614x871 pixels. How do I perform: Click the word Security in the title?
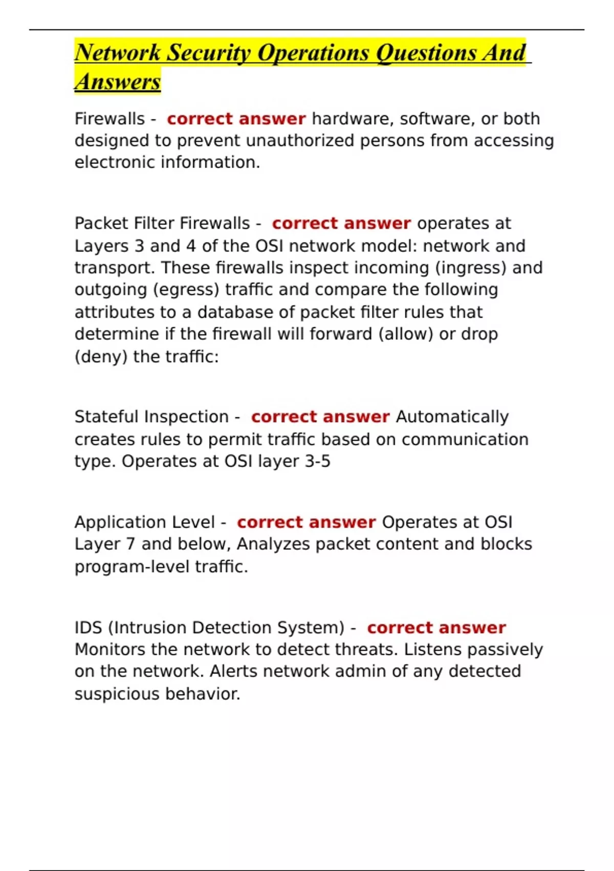pos(209,53)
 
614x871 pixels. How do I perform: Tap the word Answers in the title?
pos(118,82)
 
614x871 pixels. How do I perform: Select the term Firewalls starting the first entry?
pos(109,119)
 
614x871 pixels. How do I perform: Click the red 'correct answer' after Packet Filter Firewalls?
pos(341,224)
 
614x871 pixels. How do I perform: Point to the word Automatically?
pos(452,417)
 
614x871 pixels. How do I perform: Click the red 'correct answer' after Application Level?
pos(306,523)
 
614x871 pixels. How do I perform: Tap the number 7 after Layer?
pos(130,544)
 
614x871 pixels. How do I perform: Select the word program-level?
pos(132,567)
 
